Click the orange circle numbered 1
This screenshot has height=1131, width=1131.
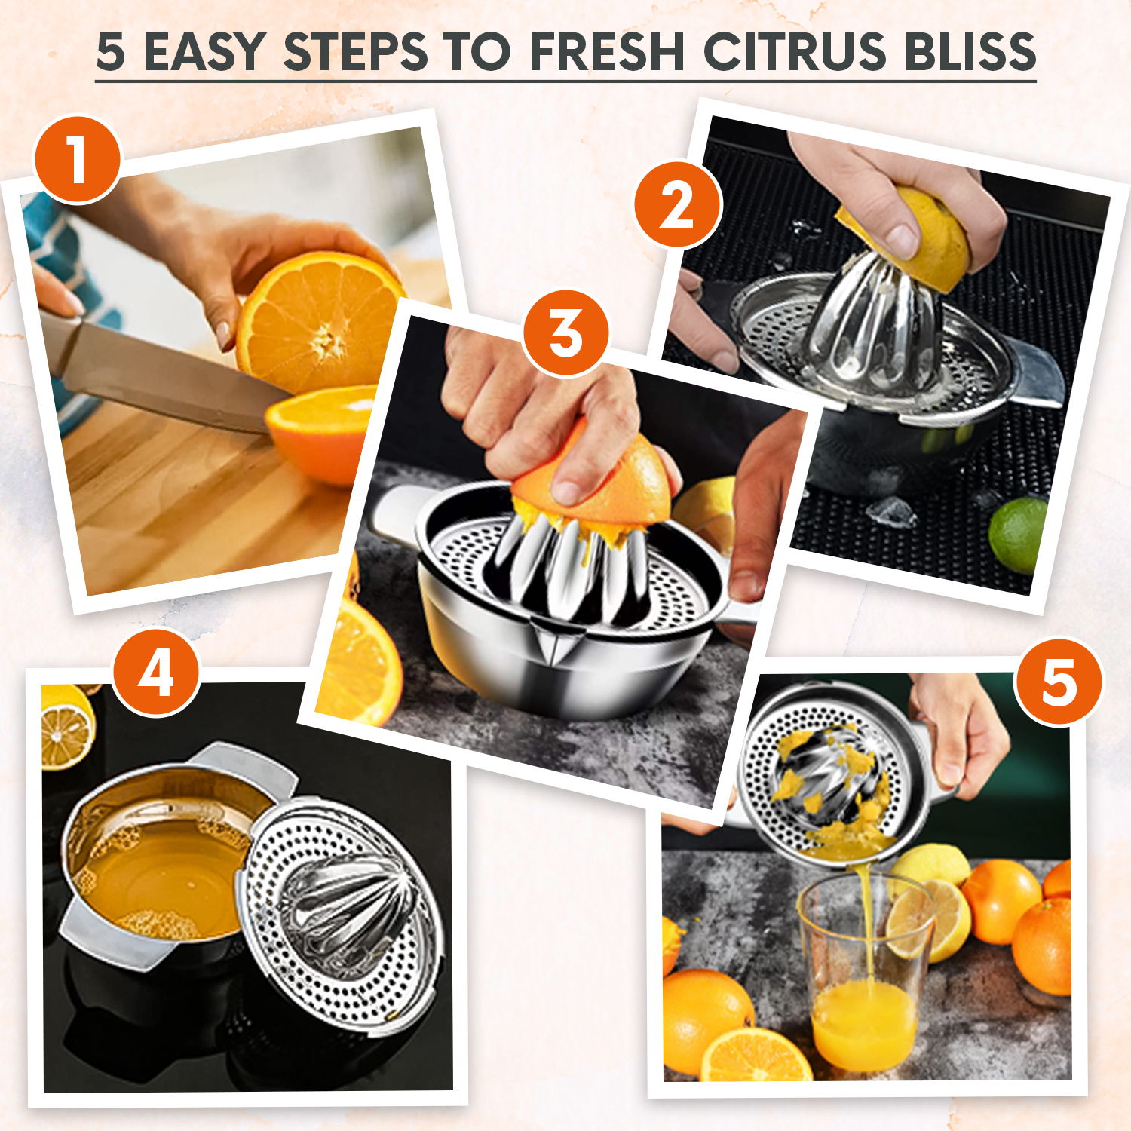pyautogui.click(x=78, y=160)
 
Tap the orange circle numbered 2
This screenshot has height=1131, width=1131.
pyautogui.click(x=677, y=205)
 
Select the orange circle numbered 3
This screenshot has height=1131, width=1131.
pyautogui.click(x=565, y=333)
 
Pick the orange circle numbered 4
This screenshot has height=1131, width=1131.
pyautogui.click(x=156, y=673)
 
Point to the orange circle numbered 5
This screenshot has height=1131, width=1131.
pyautogui.click(x=1058, y=682)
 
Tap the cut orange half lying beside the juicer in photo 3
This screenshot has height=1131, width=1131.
pyautogui.click(x=360, y=664)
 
